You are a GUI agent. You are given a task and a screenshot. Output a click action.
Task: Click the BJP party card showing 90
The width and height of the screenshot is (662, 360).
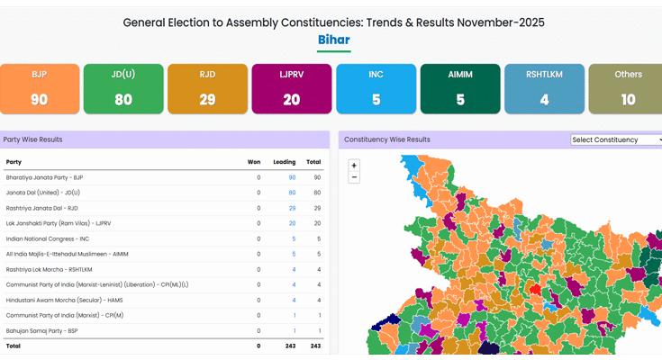click(40, 88)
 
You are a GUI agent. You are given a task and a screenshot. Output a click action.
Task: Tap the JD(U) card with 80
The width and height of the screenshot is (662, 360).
click(123, 88)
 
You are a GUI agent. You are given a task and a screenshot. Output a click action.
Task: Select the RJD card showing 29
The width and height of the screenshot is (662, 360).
click(207, 88)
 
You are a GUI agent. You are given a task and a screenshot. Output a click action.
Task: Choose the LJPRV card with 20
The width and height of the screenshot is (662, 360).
click(292, 88)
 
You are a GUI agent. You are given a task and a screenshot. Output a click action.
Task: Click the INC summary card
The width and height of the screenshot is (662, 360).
click(376, 88)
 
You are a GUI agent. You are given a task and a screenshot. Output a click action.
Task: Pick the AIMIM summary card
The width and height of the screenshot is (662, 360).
click(460, 88)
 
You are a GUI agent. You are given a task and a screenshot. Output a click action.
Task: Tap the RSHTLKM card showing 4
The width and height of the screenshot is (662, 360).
click(544, 88)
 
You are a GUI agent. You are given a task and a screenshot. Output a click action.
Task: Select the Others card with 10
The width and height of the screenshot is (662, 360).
click(628, 88)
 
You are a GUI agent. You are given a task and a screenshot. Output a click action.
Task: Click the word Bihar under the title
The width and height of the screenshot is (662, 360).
click(333, 40)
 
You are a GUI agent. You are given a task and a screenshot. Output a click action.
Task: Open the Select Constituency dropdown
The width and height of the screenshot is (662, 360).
click(617, 139)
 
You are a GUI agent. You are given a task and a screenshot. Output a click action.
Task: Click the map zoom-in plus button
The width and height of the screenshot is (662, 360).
click(354, 166)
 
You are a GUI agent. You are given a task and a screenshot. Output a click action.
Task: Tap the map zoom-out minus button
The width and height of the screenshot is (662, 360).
click(354, 177)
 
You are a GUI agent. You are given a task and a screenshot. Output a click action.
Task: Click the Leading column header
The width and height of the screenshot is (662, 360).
click(284, 162)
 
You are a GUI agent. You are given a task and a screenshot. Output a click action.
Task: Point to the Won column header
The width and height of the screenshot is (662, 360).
click(254, 162)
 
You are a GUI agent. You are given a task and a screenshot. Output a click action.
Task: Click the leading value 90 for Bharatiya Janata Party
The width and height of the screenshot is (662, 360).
click(292, 177)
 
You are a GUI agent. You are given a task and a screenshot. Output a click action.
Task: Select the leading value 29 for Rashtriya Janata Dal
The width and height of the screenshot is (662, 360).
click(292, 208)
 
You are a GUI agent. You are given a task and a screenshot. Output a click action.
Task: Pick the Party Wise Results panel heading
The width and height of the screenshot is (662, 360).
click(32, 139)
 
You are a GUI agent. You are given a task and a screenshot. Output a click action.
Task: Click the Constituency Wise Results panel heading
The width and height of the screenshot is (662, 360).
click(387, 139)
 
